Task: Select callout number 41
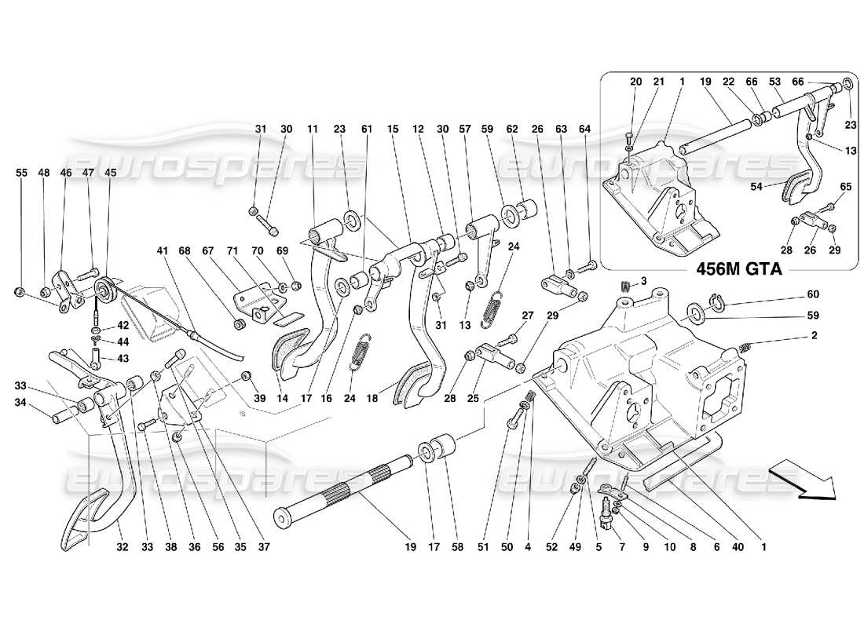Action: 163,251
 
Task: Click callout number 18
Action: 372,399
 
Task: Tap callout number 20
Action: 635,81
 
